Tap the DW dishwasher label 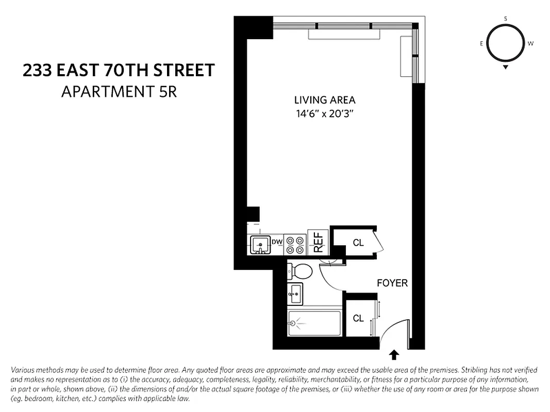point(277,242)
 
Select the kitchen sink point(261,245)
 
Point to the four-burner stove point(295,245)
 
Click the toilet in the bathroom point(300,270)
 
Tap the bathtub point(314,323)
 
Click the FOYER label point(392,283)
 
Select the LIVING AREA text point(325,100)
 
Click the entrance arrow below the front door point(394,354)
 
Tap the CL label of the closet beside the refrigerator point(358,243)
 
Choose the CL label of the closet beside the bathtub point(358,318)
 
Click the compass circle point(505,44)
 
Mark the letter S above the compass point(505,19)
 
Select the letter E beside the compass point(481,44)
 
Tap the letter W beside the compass point(530,44)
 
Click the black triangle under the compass point(506,67)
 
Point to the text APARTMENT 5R point(119,92)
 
